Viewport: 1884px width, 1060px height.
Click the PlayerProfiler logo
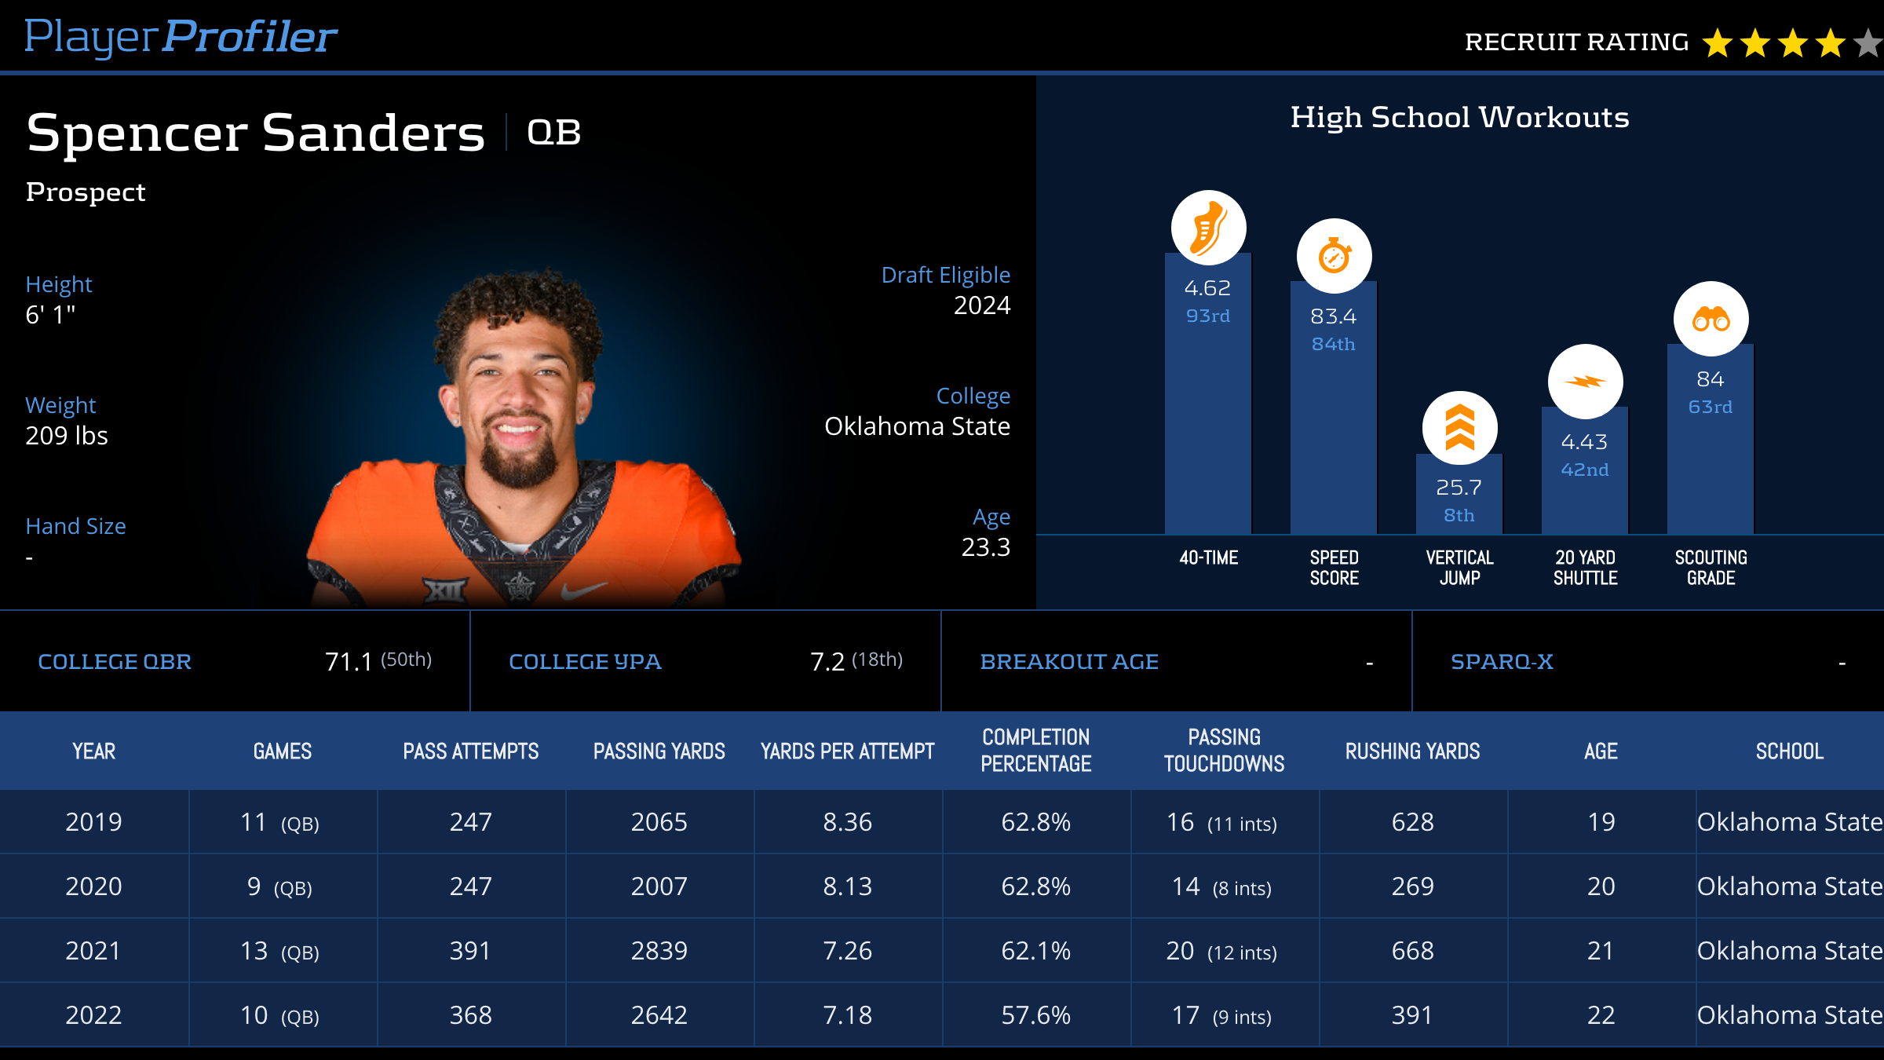coord(181,36)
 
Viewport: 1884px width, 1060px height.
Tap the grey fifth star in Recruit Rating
coord(1870,43)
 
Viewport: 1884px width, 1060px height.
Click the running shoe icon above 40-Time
coord(1208,228)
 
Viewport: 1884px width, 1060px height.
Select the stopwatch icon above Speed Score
coord(1334,256)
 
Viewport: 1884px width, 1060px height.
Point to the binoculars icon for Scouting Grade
coord(1711,319)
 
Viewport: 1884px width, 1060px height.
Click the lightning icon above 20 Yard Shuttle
coord(1585,382)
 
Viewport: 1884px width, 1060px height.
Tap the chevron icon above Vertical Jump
coord(1459,428)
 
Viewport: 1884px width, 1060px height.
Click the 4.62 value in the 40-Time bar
coord(1207,288)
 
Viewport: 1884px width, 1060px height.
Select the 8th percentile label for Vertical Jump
coord(1459,515)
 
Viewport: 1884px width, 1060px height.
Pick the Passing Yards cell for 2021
coord(659,951)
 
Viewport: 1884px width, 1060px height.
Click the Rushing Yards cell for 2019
coord(1412,822)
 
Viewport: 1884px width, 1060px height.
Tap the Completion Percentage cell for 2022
coord(1035,1015)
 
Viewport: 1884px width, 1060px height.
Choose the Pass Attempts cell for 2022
coord(470,1015)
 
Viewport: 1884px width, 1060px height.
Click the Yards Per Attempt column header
coord(847,751)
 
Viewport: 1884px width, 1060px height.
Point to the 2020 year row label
coord(93,886)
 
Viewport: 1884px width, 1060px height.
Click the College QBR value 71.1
coord(349,662)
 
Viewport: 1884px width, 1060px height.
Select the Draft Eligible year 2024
coord(981,305)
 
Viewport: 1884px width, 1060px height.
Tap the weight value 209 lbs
coord(67,436)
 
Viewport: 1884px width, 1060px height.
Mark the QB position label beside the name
coord(553,132)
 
